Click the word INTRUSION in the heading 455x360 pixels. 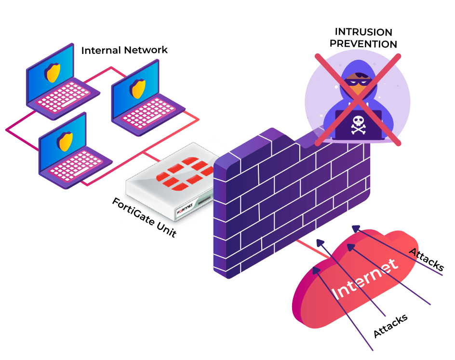(363, 32)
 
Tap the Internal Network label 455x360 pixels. (124, 50)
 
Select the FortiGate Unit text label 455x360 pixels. (144, 217)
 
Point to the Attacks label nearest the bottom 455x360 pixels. (390, 326)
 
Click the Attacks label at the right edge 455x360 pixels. (427, 259)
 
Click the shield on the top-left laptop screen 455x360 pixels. (53, 73)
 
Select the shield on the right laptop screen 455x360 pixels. (138, 88)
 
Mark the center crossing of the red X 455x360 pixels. (358, 99)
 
